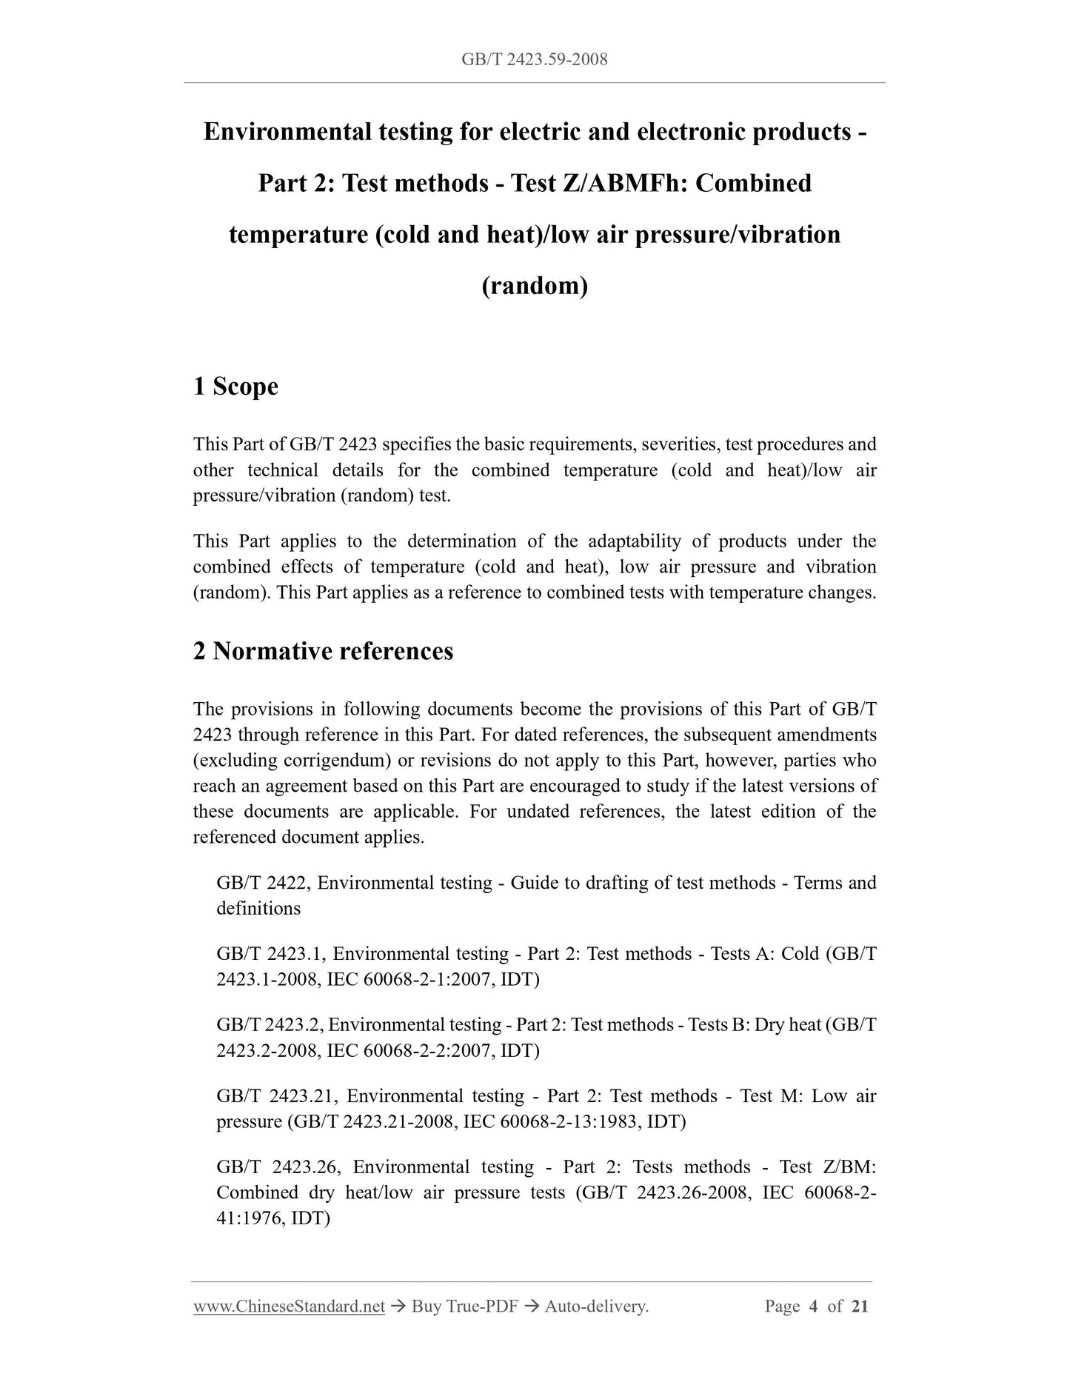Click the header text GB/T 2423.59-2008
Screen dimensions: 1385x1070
tap(534, 59)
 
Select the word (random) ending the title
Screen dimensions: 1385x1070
tap(535, 285)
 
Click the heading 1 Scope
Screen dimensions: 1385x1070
tap(235, 386)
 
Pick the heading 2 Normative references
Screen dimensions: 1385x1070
tap(323, 651)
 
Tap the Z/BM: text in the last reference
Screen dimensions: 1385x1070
tap(849, 1167)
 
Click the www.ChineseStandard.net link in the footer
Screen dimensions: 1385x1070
tap(289, 1306)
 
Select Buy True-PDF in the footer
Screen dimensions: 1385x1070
tap(464, 1306)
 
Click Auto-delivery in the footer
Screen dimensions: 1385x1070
tap(596, 1306)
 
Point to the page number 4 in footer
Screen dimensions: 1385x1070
tap(813, 1306)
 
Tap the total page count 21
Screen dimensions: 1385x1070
tap(860, 1306)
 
